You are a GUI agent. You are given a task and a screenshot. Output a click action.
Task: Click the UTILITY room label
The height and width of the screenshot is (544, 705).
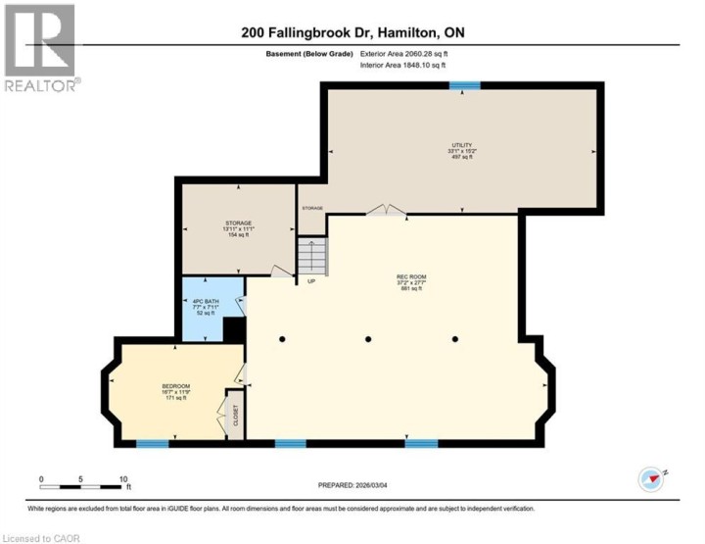[x=462, y=147]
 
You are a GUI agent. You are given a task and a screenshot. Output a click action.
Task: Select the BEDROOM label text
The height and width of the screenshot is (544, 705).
[x=176, y=386]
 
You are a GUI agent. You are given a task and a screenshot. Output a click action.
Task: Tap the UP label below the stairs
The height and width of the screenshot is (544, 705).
[x=311, y=282]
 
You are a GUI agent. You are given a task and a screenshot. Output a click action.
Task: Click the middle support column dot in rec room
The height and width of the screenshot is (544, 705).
[x=369, y=339]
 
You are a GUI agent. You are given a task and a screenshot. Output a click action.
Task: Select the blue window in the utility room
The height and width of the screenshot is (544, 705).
[x=464, y=86]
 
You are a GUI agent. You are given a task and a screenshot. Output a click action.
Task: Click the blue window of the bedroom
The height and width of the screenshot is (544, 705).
[x=152, y=444]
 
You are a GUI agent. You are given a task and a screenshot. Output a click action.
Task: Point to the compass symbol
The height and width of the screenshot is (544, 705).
[x=651, y=479]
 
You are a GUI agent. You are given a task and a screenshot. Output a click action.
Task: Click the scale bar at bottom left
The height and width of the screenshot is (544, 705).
[x=84, y=486]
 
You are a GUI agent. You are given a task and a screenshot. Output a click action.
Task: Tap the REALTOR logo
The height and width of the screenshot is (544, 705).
[x=40, y=47]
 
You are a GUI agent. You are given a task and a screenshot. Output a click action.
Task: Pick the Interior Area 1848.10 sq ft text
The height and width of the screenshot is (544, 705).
[x=403, y=65]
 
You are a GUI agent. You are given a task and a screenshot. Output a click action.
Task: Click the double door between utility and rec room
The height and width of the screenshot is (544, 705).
[x=386, y=210]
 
